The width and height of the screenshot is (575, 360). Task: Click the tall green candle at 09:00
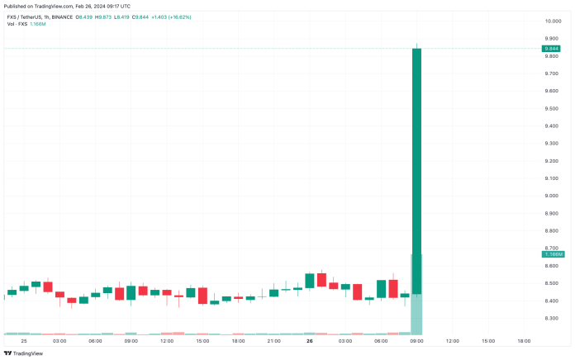coord(416,165)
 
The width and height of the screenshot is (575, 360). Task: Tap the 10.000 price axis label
coord(552,21)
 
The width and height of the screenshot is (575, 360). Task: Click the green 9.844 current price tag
coord(553,49)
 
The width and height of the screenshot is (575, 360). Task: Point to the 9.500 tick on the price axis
coord(552,108)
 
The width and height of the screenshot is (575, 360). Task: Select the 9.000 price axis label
coord(552,196)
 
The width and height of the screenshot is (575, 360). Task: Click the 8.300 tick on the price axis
coord(552,318)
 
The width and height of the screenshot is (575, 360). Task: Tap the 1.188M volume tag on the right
coord(553,254)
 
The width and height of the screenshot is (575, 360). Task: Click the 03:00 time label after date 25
coord(59,340)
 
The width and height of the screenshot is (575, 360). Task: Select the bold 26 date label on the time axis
coord(309,340)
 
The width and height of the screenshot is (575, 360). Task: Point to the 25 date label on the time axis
coord(24,340)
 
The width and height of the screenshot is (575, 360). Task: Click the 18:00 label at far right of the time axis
coord(523,340)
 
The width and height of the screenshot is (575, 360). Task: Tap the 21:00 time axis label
coord(273,340)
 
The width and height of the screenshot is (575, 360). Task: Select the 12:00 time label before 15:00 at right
coord(452,340)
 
